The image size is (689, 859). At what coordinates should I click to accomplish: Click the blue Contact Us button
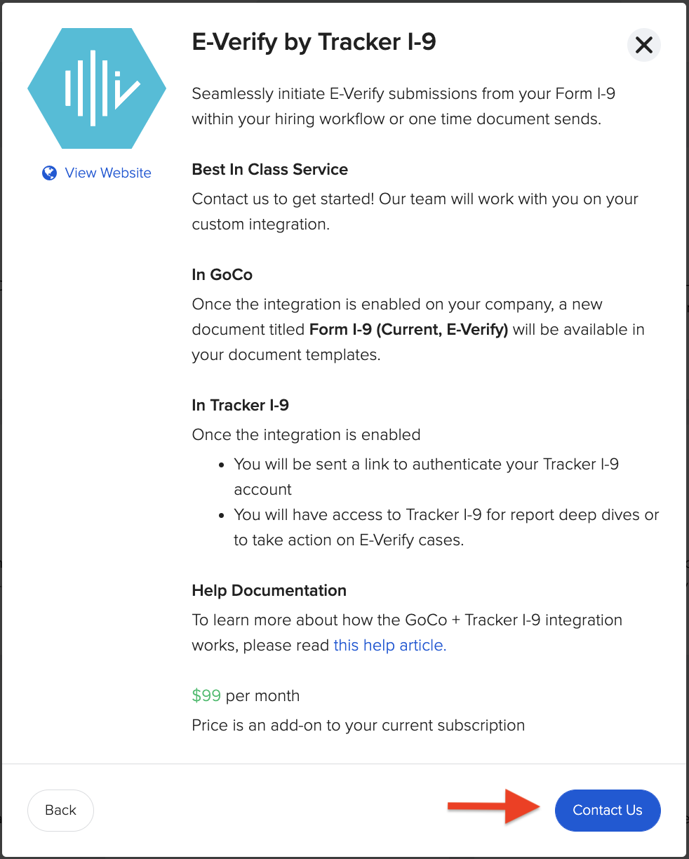click(608, 810)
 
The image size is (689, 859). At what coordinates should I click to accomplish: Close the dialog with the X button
click(643, 45)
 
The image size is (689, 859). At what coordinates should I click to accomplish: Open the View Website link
click(108, 173)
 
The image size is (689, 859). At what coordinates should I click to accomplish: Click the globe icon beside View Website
click(49, 173)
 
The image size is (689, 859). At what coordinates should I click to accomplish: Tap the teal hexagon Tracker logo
click(97, 88)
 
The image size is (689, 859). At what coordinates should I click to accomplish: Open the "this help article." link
click(390, 646)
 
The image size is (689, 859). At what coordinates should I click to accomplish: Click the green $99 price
click(206, 695)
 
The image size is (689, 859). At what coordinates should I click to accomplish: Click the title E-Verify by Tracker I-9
click(314, 42)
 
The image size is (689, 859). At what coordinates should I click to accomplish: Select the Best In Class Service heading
click(269, 169)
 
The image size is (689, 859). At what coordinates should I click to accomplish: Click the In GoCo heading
click(222, 274)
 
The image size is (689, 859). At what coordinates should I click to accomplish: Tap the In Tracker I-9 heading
click(240, 405)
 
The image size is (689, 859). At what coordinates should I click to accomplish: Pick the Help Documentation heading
click(269, 590)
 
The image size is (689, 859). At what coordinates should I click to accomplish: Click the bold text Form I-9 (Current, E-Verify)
click(408, 329)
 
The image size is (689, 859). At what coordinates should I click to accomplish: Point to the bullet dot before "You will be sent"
click(222, 465)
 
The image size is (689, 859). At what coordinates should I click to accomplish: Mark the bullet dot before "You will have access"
click(222, 516)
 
